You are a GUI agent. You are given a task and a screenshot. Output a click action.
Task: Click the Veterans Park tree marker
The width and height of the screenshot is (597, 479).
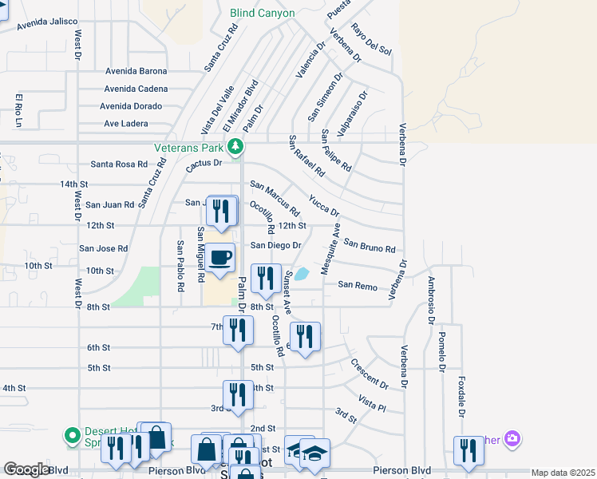click(235, 146)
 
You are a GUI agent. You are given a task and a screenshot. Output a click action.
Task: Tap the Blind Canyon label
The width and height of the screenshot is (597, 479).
click(262, 13)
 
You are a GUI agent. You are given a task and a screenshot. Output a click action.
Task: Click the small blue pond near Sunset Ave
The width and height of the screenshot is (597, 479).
click(302, 274)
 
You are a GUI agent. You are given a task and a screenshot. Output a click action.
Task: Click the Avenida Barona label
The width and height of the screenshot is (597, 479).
click(136, 71)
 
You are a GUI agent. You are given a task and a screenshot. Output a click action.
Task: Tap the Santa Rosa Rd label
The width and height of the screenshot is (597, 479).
click(119, 164)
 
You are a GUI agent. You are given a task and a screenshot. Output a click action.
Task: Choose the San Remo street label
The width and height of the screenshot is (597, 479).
click(357, 285)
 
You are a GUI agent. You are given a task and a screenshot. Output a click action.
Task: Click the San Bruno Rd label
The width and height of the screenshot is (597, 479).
click(370, 244)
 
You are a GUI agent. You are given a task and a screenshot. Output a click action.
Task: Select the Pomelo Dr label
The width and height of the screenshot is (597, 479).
click(441, 353)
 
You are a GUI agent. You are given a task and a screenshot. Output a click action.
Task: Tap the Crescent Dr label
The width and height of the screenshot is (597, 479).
click(369, 373)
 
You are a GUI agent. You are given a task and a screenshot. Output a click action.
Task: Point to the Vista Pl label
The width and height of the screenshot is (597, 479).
click(372, 402)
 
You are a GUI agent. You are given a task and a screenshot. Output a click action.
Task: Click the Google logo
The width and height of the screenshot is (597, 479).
click(26, 469)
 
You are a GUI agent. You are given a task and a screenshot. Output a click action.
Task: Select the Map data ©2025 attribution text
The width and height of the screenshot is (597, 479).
click(563, 473)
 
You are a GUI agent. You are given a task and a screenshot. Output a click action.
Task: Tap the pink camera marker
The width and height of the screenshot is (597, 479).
click(512, 438)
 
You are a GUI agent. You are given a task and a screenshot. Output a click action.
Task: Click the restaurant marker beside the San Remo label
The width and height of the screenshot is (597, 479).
click(266, 279)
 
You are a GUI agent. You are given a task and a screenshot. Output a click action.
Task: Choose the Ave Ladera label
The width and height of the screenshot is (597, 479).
click(126, 124)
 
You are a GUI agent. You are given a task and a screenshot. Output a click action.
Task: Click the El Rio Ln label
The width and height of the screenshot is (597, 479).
click(18, 110)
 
